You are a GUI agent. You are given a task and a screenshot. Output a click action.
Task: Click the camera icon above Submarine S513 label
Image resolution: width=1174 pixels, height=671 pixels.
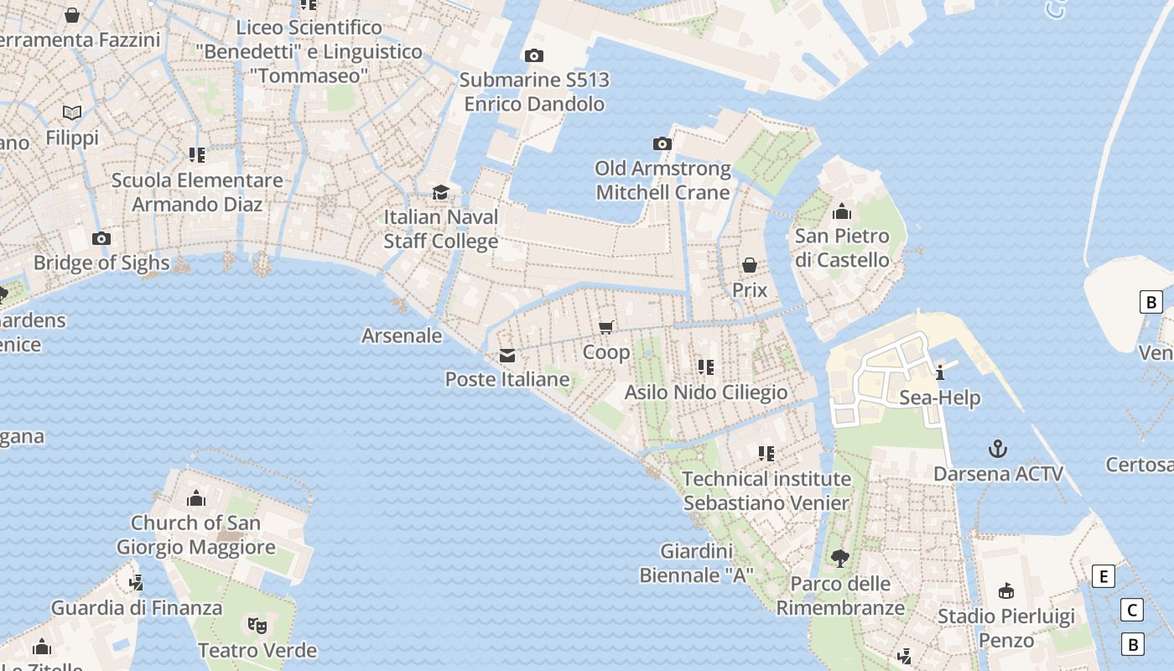click(533, 56)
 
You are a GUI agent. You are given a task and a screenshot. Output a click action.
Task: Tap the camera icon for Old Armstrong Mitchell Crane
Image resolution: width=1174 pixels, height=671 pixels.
click(662, 144)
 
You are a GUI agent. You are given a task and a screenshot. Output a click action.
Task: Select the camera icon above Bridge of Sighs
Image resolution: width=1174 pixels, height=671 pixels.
click(101, 239)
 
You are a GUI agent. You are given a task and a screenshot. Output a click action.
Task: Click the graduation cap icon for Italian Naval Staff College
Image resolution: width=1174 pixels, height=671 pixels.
click(441, 193)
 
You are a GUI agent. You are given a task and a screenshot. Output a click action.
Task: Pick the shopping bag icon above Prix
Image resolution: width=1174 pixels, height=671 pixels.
click(750, 266)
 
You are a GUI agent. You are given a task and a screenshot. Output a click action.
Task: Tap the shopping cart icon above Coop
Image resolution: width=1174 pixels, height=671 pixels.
click(606, 328)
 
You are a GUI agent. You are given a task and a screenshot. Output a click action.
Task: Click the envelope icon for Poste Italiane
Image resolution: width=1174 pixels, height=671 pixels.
click(507, 356)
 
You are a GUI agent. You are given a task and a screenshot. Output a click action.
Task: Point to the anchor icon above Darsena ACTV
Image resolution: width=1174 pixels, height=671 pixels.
click(998, 449)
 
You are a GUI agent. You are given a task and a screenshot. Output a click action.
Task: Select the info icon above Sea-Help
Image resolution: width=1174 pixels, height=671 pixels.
click(940, 373)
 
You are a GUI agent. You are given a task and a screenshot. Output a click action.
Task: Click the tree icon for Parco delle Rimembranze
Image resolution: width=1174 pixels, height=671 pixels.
click(839, 559)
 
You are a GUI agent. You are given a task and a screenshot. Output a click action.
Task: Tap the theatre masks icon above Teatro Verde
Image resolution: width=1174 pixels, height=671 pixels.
click(257, 626)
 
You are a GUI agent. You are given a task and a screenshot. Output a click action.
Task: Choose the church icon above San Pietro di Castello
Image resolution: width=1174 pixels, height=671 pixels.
click(842, 211)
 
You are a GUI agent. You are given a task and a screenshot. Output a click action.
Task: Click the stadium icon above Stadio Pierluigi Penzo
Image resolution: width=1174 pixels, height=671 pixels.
click(1006, 591)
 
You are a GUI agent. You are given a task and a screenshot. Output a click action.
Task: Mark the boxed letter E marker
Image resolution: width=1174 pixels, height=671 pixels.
click(1104, 576)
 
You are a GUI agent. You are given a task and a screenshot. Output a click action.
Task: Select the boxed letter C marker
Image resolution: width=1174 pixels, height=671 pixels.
click(1132, 610)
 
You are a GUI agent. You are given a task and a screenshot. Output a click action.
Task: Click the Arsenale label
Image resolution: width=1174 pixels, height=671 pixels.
click(402, 335)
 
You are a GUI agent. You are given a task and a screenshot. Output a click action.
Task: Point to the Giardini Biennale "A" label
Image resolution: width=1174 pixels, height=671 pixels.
click(696, 564)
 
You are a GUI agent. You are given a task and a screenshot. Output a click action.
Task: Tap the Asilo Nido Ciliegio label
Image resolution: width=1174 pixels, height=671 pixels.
click(706, 393)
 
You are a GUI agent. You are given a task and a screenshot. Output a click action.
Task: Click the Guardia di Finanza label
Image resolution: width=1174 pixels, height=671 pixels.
click(137, 608)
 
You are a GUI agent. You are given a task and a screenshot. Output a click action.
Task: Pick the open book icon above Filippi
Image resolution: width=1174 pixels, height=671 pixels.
click(73, 112)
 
